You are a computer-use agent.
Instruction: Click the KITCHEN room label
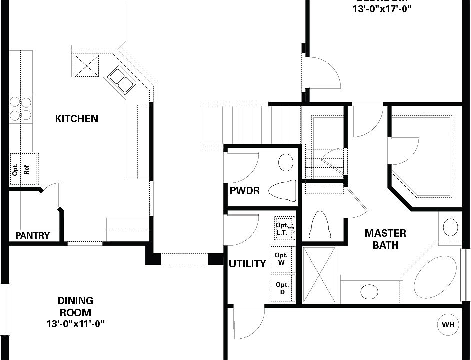pyautogui.click(x=76, y=119)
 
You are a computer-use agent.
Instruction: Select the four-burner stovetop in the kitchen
pyautogui.click(x=20, y=108)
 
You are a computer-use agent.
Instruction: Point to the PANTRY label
pyautogui.click(x=33, y=236)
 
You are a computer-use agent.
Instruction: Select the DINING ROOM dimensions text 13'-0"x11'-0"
pyautogui.click(x=75, y=324)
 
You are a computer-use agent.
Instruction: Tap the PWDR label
pyautogui.click(x=244, y=191)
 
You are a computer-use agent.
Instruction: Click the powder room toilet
pyautogui.click(x=282, y=190)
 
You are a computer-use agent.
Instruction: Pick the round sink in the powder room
pyautogui.click(x=286, y=162)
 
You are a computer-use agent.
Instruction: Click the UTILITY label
pyautogui.click(x=247, y=264)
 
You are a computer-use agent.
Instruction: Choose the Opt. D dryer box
pyautogui.click(x=282, y=288)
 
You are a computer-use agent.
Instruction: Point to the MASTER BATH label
pyautogui.click(x=385, y=239)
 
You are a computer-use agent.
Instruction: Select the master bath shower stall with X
pyautogui.click(x=320, y=274)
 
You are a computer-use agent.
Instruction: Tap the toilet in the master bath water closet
pyautogui.click(x=320, y=225)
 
